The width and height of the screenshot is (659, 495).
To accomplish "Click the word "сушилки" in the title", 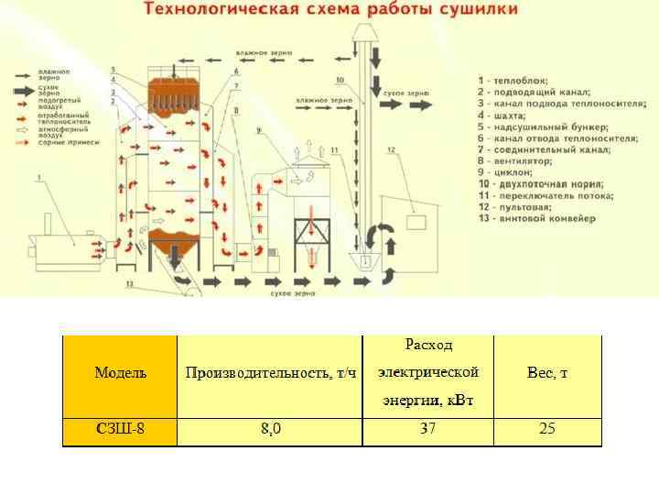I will tap(476, 10).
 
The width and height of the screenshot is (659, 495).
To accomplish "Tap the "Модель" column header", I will tap(120, 373).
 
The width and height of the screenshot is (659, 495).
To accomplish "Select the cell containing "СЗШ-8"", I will tap(120, 429).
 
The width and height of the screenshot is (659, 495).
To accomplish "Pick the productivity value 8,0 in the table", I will tap(270, 429).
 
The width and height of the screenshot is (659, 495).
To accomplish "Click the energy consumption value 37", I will tap(428, 429).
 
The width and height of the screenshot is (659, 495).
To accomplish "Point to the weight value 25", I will tap(547, 429).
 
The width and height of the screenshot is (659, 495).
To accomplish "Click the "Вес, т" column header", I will tap(547, 373).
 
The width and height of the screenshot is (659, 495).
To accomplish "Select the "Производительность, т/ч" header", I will tap(270, 373).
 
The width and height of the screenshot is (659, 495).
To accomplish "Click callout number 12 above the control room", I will tap(391, 149).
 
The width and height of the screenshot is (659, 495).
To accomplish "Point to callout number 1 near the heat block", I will tap(39, 177).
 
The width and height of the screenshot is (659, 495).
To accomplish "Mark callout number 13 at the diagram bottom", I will tap(129, 285).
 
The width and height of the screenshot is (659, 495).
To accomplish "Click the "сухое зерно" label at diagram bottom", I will tap(293, 292).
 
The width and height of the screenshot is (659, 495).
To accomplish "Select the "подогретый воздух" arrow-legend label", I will tap(52, 103).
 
